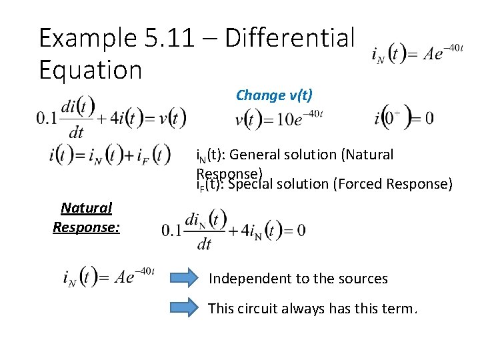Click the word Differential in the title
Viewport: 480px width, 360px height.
(x=290, y=39)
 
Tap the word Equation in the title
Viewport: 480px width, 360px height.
(x=90, y=70)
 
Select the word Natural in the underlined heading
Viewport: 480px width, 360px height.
(x=86, y=208)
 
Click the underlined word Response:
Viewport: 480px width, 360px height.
(x=87, y=227)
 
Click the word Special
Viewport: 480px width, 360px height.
(x=249, y=183)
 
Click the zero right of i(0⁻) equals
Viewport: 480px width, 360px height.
(x=428, y=119)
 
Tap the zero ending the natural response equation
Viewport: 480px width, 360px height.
(x=301, y=230)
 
